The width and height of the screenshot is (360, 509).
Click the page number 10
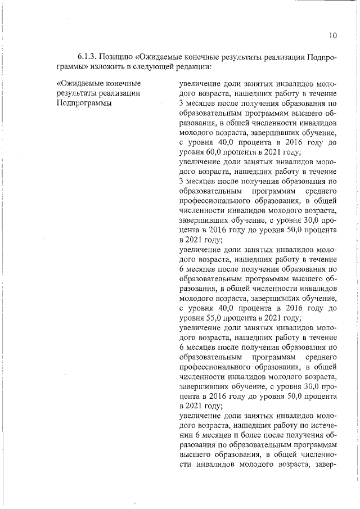click(x=332, y=36)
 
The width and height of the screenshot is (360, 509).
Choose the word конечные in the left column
click(x=123, y=84)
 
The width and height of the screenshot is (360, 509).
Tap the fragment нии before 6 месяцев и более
click(x=186, y=435)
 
